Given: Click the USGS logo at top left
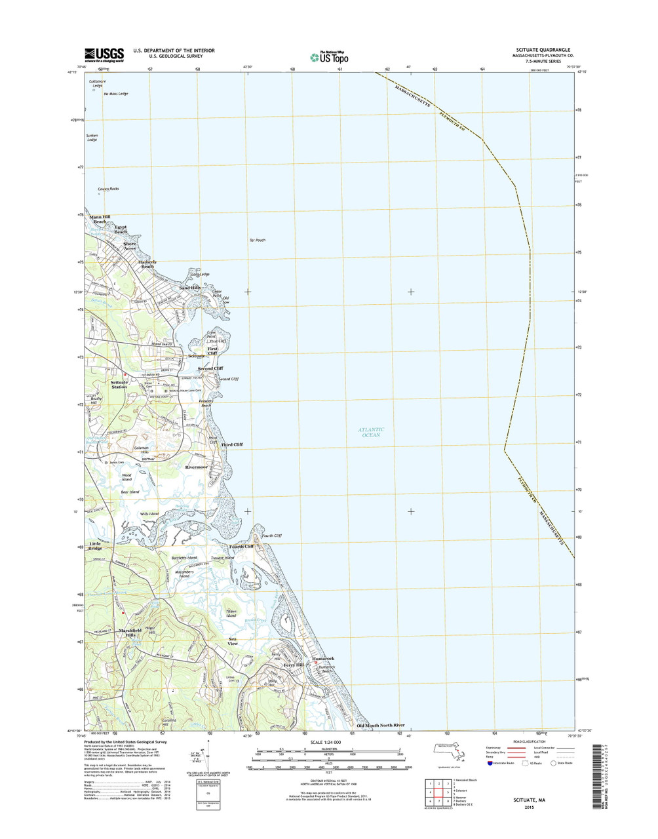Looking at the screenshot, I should pos(104,54).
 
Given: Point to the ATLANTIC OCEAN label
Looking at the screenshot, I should pos(370,432).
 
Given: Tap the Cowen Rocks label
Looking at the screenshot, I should pos(108,189).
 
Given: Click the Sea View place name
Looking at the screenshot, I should pos(232,641).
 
